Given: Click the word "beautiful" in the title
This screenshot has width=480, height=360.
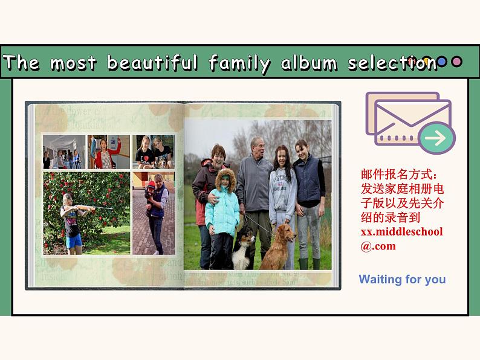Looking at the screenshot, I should [152, 63].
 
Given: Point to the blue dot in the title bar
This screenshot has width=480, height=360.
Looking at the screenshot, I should [442, 62].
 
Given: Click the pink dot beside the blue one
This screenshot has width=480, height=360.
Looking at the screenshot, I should [457, 62].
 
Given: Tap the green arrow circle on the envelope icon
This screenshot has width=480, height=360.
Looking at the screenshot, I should [436, 138].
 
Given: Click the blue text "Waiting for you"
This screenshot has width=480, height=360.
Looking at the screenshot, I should [402, 279].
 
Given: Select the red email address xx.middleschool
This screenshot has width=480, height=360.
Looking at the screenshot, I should [401, 232].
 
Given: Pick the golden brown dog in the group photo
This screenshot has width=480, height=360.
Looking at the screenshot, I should [279, 245].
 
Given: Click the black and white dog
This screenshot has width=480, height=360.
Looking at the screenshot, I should [244, 247].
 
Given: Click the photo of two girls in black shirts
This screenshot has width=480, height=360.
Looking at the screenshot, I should [153, 151].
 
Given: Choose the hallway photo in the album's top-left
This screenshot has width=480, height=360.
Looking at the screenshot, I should [63, 152].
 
